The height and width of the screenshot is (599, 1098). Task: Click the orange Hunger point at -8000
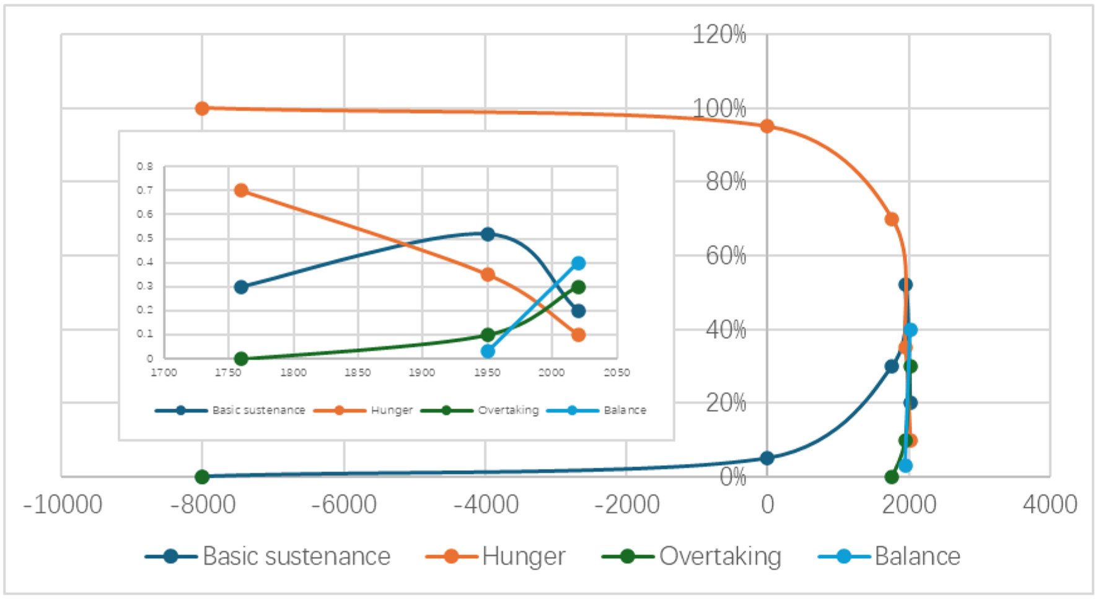click(202, 108)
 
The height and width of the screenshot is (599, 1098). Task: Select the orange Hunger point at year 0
click(767, 126)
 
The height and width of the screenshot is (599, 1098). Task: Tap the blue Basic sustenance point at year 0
click(767, 458)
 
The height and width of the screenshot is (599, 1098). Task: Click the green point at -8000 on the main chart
click(202, 476)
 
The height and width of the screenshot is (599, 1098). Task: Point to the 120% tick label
click(719, 35)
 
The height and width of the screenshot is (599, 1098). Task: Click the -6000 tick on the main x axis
click(344, 505)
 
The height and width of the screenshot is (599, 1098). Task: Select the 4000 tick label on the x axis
click(1050, 505)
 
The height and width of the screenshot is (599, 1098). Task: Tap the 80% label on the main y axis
click(726, 182)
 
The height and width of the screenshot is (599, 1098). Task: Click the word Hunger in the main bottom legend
click(524, 556)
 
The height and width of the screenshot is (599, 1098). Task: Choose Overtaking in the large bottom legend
click(720, 556)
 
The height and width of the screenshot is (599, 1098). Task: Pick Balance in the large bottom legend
click(917, 556)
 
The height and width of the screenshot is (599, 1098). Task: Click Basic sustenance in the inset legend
click(258, 410)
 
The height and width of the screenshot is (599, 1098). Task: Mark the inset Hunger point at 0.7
click(242, 190)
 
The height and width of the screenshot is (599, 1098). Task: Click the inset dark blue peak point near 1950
click(488, 234)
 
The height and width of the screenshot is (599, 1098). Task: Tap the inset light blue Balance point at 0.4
click(578, 263)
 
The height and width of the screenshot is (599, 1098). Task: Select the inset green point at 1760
click(242, 359)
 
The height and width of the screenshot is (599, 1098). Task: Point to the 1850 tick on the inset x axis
click(358, 372)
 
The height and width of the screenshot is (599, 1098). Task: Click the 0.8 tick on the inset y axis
click(145, 167)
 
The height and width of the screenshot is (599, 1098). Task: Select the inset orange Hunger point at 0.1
click(578, 335)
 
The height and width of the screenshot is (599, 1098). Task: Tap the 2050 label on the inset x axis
click(617, 372)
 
